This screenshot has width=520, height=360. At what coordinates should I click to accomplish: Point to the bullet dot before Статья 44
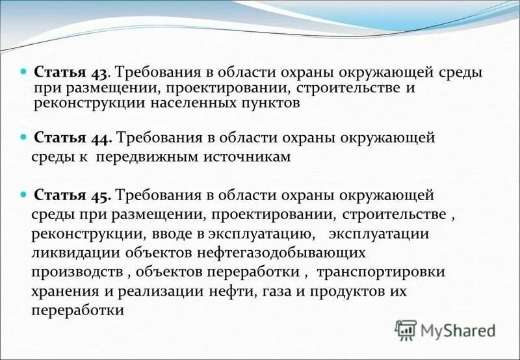pyautogui.click(x=24, y=137)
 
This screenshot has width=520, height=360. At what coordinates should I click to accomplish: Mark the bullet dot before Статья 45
pyautogui.click(x=24, y=194)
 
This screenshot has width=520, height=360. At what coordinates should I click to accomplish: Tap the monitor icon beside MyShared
pyautogui.click(x=406, y=330)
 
